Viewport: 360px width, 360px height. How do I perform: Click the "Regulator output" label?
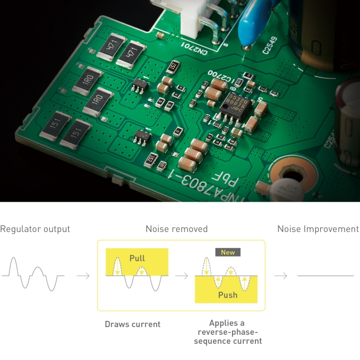pos(35,229)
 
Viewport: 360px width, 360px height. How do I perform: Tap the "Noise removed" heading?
pos(177,229)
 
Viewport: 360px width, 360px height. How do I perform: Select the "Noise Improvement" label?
pos(318,229)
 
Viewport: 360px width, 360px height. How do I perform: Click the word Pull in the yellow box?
pos(137,258)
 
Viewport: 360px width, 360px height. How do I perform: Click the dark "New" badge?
pos(228,252)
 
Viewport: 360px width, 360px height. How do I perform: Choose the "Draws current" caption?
pos(132,324)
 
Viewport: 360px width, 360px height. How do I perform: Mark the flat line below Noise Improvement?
pos(325,276)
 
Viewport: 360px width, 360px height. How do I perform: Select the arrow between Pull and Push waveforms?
pos(182,276)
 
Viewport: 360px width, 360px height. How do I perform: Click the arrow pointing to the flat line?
pos(281,276)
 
